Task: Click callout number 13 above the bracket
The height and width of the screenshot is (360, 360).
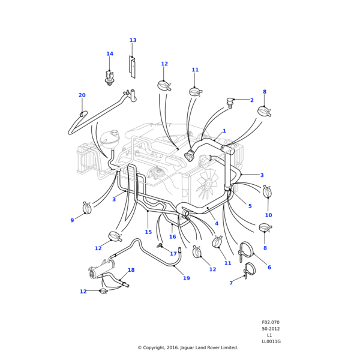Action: tap(133, 41)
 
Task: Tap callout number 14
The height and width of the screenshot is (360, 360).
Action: tap(110, 54)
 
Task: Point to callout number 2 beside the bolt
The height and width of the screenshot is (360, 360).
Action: tap(251, 100)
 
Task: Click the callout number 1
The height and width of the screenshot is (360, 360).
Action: tap(224, 131)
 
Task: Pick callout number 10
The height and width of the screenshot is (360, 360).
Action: tap(268, 215)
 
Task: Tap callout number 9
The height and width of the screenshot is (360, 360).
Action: tap(72, 220)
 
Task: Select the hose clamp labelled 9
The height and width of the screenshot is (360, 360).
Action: tap(87, 208)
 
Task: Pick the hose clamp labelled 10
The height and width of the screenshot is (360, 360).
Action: tap(267, 193)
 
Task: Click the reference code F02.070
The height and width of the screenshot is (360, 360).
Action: tap(271, 322)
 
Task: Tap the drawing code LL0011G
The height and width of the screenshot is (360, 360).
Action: tap(271, 341)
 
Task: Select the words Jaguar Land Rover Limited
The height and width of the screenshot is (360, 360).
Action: tap(211, 347)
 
